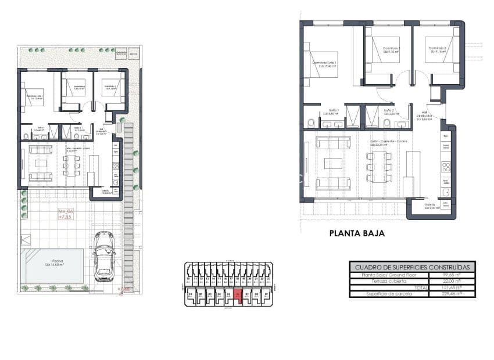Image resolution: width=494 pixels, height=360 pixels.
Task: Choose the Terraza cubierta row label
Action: pyautogui.click(x=376, y=280)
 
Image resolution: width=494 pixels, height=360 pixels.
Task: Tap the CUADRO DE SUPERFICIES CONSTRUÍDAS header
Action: pyautogui.click(x=411, y=267)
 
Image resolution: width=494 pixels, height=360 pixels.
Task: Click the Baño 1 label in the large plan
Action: pyautogui.click(x=334, y=111)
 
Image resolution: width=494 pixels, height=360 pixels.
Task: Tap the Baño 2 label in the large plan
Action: pyautogui.click(x=389, y=111)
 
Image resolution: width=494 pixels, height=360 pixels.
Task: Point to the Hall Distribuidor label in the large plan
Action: pyautogui.click(x=424, y=117)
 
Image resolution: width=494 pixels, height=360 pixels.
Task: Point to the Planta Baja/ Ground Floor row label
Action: pyautogui.click(x=381, y=274)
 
